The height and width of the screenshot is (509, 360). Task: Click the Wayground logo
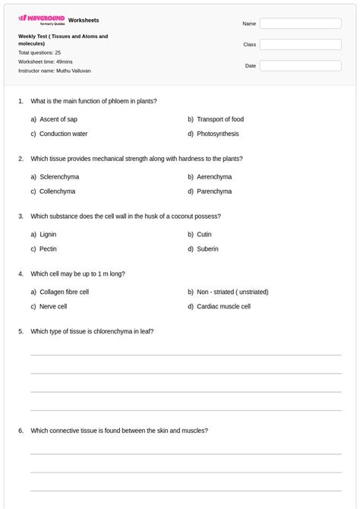click(41, 19)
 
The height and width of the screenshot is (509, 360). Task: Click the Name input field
click(300, 24)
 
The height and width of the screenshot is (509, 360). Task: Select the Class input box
click(300, 45)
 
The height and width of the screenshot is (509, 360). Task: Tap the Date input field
click(300, 66)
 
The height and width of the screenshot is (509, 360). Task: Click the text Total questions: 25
click(39, 53)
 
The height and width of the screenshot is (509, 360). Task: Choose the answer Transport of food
click(219, 119)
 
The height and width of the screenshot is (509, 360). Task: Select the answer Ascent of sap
click(58, 119)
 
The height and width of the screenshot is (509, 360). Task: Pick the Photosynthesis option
click(217, 134)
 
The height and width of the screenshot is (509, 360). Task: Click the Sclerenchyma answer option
click(58, 177)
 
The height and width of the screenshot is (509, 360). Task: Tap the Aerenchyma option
click(214, 177)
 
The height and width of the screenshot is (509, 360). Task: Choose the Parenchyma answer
click(214, 191)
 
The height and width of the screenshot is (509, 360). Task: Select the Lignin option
click(48, 235)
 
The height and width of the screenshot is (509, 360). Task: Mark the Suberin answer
click(207, 249)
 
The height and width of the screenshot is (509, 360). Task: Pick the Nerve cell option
click(53, 307)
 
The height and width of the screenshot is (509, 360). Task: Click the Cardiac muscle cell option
click(223, 307)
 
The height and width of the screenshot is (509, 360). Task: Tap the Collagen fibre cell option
click(64, 292)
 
